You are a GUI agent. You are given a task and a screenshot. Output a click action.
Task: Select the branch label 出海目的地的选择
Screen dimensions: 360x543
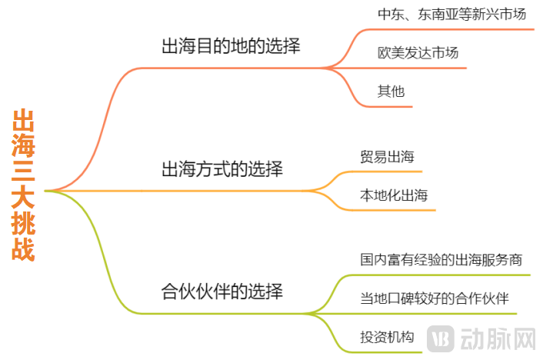(230, 46)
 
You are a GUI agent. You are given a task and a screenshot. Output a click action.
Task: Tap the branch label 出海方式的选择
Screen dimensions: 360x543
(222, 168)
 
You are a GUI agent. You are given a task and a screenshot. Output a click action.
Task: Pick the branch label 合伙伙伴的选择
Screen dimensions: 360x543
(222, 292)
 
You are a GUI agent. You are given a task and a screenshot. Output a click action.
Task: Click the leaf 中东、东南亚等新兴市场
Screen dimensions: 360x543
(451, 15)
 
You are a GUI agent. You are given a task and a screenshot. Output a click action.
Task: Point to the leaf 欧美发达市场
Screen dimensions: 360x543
(418, 53)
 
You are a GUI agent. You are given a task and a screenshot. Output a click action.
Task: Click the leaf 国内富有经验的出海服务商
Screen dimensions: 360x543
(445, 259)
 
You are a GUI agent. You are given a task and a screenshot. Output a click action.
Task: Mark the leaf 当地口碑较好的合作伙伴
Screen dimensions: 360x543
(435, 298)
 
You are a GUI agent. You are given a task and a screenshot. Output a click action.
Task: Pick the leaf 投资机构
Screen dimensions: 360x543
(387, 336)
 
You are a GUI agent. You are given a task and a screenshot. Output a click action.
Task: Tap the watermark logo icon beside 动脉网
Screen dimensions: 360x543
(441, 339)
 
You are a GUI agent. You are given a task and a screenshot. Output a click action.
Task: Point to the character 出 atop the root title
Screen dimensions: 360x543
(24, 121)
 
